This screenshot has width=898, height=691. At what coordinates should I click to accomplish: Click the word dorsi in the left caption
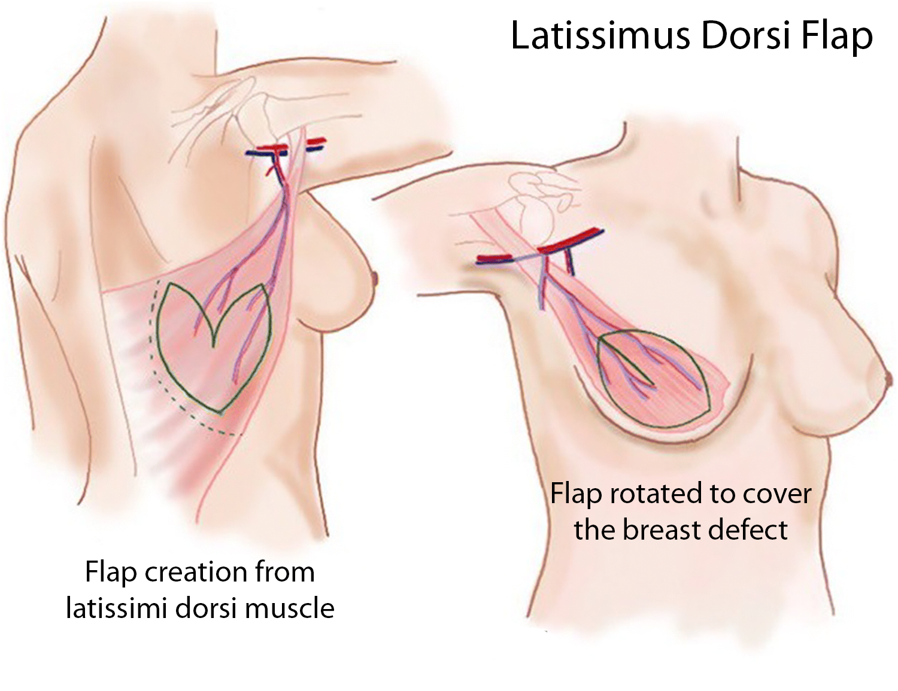[x=205, y=608]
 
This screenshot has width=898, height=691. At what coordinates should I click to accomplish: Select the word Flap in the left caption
[x=112, y=572]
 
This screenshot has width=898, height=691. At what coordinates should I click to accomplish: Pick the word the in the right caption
[x=594, y=530]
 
